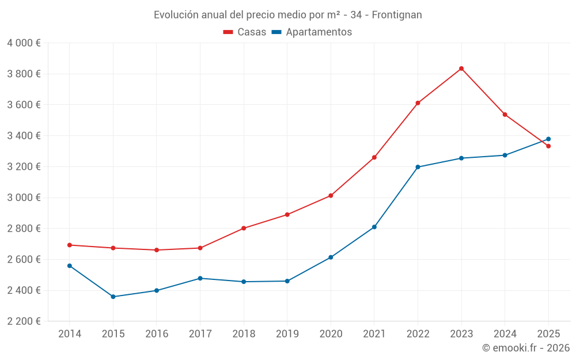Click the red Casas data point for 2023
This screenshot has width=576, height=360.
pyautogui.click(x=461, y=69)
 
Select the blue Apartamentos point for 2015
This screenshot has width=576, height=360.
pyautogui.click(x=113, y=297)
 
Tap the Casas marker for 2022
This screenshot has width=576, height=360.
pyautogui.click(x=418, y=103)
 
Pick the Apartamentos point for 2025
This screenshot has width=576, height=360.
pyautogui.click(x=548, y=139)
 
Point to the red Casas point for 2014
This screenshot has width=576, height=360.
pyautogui.click(x=70, y=245)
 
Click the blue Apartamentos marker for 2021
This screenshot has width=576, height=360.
pyautogui.click(x=374, y=227)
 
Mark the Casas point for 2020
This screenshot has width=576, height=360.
pyautogui.click(x=331, y=196)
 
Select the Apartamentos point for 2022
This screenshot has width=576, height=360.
pyautogui.click(x=418, y=167)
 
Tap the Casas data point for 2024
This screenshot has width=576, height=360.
pyautogui.click(x=505, y=115)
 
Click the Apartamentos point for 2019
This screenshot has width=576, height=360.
pyautogui.click(x=287, y=281)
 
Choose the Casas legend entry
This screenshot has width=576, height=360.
pyautogui.click(x=245, y=32)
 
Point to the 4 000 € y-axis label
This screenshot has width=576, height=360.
pyautogui.click(x=24, y=43)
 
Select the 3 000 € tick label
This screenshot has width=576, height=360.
pyautogui.click(x=24, y=198)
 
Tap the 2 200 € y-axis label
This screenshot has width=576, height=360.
pyautogui.click(x=24, y=321)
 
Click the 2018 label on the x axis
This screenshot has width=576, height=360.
pyautogui.click(x=244, y=334)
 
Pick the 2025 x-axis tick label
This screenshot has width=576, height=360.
pyautogui.click(x=548, y=334)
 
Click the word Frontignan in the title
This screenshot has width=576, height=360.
pyautogui.click(x=397, y=15)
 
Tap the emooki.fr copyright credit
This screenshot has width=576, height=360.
pyautogui.click(x=526, y=348)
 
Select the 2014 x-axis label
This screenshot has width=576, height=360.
pyautogui.click(x=70, y=334)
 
